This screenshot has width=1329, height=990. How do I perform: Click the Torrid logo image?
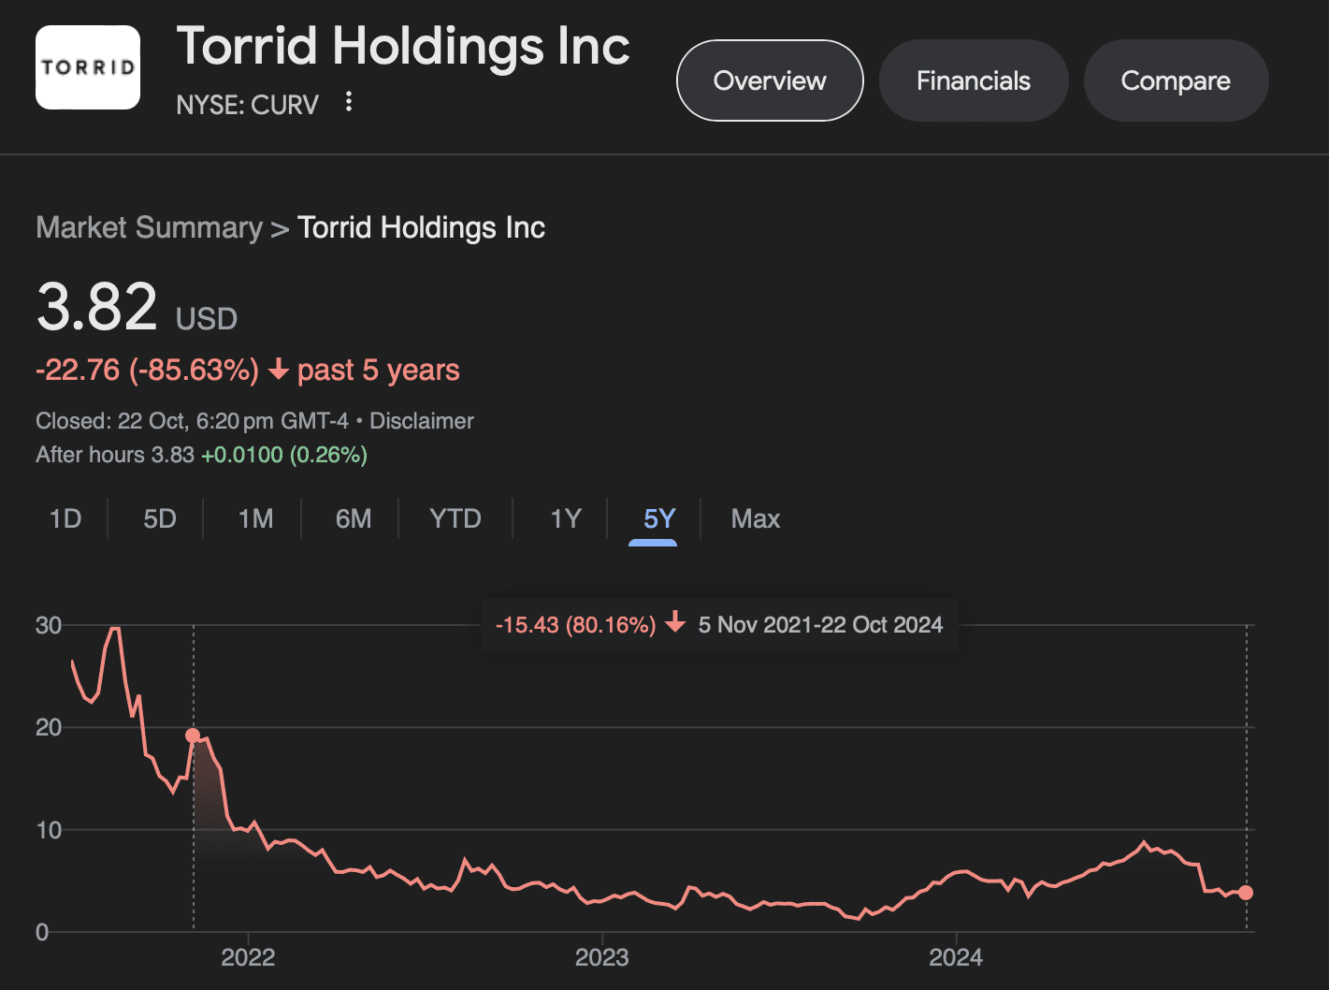88,67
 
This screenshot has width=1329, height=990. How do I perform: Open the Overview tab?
770,80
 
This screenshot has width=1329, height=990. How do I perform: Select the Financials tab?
974,80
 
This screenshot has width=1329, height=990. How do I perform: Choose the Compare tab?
1176,80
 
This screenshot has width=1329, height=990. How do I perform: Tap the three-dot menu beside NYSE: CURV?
349,102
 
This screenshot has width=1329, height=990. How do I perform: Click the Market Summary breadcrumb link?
149,227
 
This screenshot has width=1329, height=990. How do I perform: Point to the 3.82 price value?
97,307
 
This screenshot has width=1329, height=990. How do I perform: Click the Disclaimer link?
422,421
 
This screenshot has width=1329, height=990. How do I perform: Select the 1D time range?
65,518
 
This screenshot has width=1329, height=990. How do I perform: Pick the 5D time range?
160,518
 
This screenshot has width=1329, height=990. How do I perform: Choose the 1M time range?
255,518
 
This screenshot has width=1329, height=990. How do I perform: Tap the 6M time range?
354,518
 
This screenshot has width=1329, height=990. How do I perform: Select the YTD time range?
455,518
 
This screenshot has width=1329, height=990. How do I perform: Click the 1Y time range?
566,518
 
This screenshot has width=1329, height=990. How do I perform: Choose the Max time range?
755,518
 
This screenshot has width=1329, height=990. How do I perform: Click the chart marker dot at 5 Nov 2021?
194,735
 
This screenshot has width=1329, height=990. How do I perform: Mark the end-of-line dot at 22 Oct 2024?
1246,893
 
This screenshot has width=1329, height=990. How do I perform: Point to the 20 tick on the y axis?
49,727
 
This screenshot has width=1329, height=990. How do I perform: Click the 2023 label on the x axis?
601,957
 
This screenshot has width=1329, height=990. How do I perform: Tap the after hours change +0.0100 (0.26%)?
284,455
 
